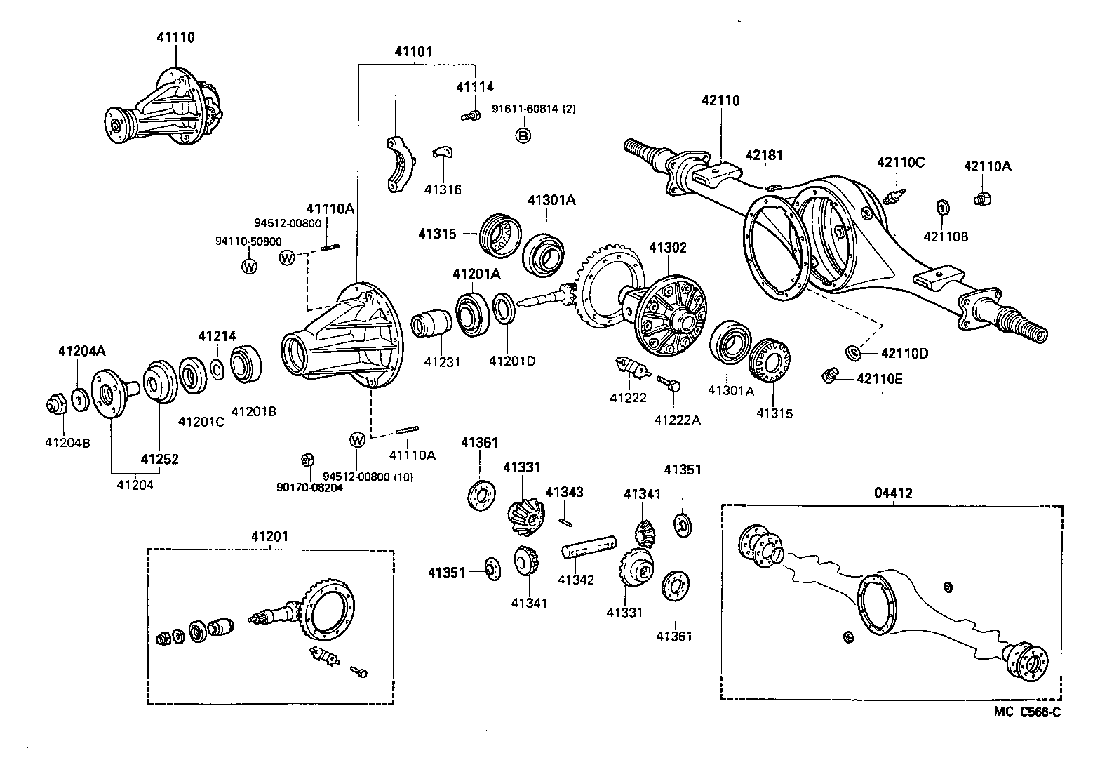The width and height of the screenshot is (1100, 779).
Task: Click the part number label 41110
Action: pos(175,38)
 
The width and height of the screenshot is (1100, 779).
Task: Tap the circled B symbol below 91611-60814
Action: pos(523,135)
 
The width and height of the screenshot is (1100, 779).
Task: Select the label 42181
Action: pos(764,155)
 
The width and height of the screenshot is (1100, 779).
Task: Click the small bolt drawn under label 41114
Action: pos(470,115)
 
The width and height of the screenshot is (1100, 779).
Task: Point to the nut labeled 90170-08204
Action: pos(306,460)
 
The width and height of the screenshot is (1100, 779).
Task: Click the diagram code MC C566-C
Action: pos(1026,712)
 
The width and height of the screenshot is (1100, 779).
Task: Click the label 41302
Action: pos(667,248)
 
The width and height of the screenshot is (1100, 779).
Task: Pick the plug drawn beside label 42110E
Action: pos(829,375)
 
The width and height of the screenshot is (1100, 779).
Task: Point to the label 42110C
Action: pos(901,163)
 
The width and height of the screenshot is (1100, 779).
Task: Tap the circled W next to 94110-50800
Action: pos(249,266)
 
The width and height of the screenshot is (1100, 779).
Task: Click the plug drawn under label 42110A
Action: pos(983,199)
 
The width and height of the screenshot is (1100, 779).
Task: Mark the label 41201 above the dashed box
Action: pos(269,537)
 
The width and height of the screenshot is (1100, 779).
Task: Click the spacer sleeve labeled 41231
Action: pos(433,323)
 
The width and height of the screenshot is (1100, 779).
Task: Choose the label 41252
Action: pos(159,460)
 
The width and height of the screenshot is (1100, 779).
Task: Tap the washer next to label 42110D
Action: pos(854,352)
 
